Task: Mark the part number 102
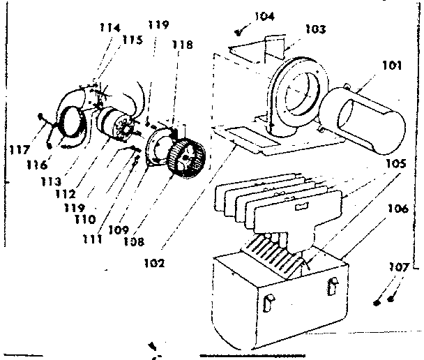[156, 263]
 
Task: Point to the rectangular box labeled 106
[279, 300]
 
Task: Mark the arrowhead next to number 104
[240, 31]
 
